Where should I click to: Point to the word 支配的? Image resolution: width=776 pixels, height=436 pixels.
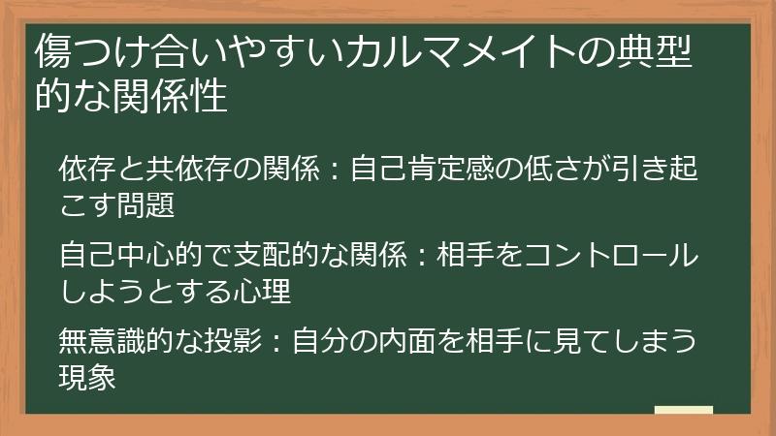click(x=277, y=257)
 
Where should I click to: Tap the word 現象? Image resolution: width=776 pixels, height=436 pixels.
click(x=87, y=377)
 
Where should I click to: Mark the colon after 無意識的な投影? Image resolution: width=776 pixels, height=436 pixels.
click(x=275, y=343)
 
